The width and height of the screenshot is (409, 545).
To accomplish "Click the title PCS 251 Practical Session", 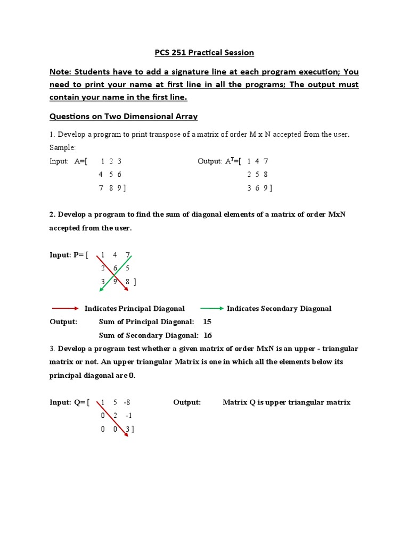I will (204, 52).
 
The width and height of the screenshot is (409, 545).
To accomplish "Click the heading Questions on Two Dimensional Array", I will (124, 116).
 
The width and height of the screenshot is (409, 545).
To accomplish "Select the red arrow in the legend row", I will (65, 308).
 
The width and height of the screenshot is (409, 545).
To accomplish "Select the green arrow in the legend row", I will (212, 308).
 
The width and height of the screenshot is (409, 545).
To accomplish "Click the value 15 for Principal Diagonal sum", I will (207, 322).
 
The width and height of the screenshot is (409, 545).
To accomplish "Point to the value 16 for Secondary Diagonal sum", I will (208, 335).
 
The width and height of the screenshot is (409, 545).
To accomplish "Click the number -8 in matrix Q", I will (127, 402).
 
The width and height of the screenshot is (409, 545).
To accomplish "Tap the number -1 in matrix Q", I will (129, 416).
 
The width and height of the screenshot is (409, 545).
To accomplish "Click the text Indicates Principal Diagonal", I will (135, 309).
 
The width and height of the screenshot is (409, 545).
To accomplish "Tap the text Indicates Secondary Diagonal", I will (279, 309).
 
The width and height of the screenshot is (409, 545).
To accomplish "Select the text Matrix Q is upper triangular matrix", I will (287, 402).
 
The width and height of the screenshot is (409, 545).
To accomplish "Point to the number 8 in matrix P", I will (128, 282).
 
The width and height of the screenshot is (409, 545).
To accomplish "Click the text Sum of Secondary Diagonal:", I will (149, 335).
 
